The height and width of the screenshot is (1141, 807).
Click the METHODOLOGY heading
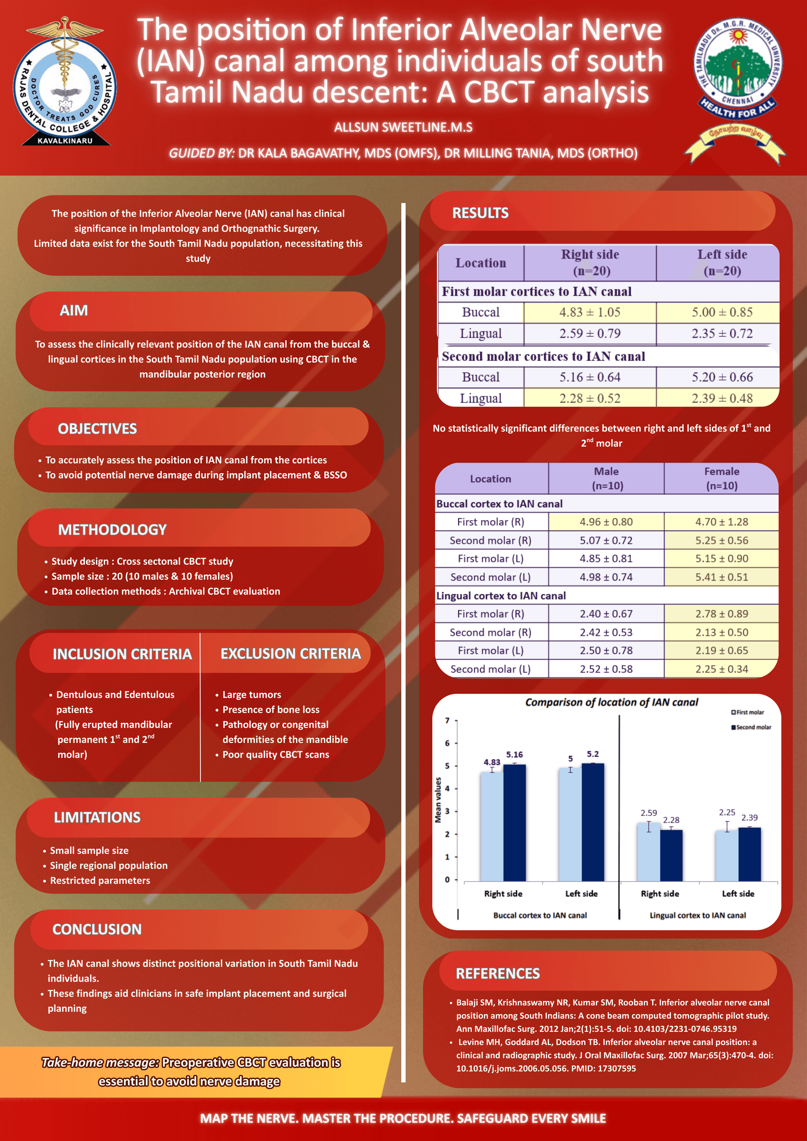coord(112,530)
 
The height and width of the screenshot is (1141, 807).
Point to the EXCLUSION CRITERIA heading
coord(291,654)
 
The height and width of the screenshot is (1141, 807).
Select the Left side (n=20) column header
coord(722,262)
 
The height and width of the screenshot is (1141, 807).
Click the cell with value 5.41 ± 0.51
coord(721,577)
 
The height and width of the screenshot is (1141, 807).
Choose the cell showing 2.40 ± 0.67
coord(606,614)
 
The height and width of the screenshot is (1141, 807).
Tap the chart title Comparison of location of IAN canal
coord(612,702)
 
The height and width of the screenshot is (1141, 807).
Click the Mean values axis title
coord(438,800)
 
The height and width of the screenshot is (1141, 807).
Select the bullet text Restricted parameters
coord(100,880)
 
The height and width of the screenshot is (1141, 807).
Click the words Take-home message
coord(100,1063)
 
